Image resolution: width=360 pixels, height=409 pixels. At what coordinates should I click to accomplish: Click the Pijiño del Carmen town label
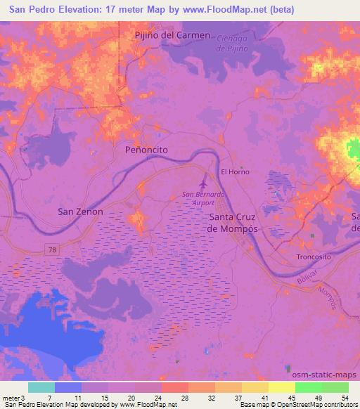coord(172,35)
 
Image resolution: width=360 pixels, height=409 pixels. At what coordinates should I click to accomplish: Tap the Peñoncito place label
coord(146,150)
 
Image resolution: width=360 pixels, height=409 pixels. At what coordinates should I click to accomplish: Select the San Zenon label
coord(80,211)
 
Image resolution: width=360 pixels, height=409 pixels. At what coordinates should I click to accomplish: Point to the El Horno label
coord(236,171)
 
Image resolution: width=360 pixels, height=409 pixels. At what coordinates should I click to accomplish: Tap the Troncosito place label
coord(314,257)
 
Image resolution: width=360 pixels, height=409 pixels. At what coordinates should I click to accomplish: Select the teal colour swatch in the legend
coord(41,387)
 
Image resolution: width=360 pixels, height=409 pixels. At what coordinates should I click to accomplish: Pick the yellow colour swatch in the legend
coord(281,387)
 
